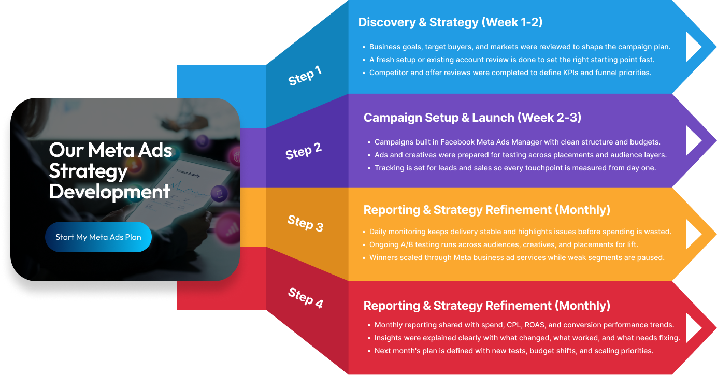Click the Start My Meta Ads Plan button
98,237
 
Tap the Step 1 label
305,76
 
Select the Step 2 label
304,151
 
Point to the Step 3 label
305,223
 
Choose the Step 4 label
306,298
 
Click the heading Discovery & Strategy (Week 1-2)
450,22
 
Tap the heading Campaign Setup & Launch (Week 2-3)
472,118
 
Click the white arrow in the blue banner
694,47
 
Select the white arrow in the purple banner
694,140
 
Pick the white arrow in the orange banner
694,234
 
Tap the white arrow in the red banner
694,328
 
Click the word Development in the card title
110,192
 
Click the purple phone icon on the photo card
219,194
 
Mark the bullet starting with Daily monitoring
517,232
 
